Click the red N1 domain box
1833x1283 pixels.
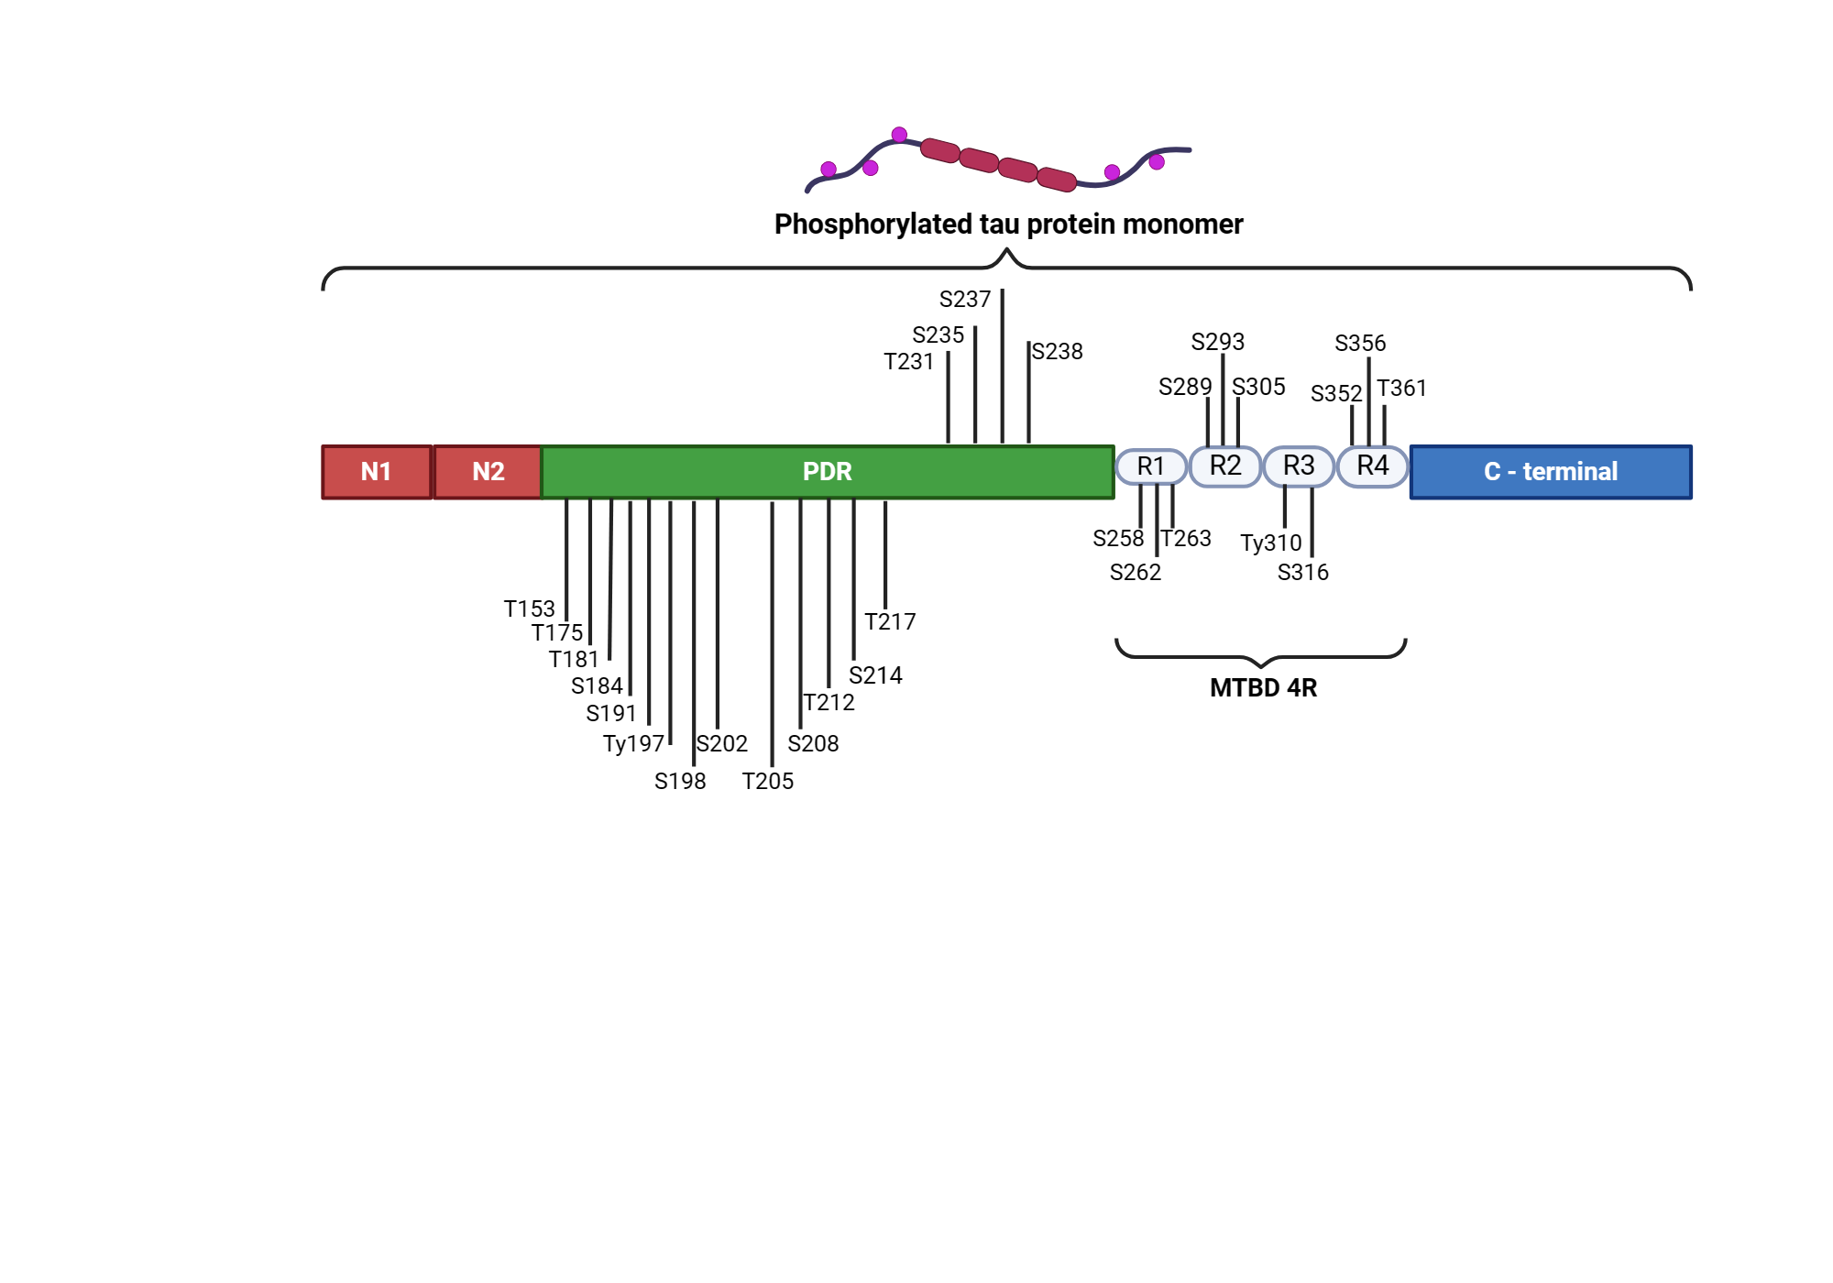pos(377,472)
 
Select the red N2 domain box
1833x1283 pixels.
pos(488,472)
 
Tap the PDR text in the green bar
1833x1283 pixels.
pos(827,472)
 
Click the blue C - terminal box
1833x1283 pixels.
pos(1550,472)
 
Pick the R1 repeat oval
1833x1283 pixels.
pos(1150,466)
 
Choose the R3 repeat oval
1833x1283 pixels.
pos(1298,466)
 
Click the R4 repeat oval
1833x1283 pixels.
pos(1372,466)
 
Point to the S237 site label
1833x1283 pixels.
pos(964,300)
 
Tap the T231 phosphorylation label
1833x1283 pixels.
pos(908,362)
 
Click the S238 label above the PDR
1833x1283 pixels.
pos(1058,352)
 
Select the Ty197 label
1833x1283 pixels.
pos(632,743)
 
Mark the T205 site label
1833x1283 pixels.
pos(767,781)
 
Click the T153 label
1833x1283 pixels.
pos(529,609)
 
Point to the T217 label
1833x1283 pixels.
pos(890,621)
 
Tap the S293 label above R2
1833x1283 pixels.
pos(1217,342)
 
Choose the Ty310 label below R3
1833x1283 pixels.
pos(1270,543)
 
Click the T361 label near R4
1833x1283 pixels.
pos(1401,389)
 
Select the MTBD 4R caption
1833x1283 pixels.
pos(1263,687)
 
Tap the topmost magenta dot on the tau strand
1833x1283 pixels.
pos(899,135)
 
